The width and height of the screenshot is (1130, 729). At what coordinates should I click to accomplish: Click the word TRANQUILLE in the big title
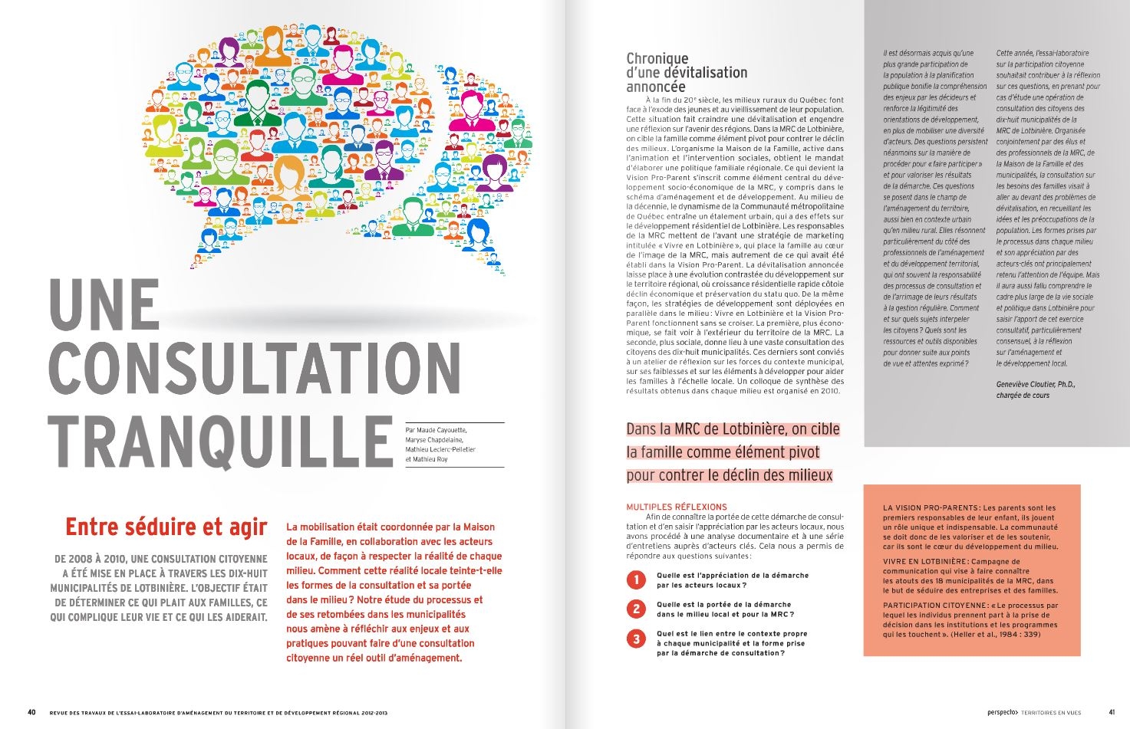[221, 444]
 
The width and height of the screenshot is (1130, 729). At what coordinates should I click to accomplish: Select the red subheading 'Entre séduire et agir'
[166, 527]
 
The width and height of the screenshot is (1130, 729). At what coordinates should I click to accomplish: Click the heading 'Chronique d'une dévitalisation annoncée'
[687, 73]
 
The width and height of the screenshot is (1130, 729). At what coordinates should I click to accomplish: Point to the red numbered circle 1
[636, 580]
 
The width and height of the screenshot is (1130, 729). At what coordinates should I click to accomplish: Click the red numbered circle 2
[636, 609]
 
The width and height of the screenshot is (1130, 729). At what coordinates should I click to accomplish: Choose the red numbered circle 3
[636, 639]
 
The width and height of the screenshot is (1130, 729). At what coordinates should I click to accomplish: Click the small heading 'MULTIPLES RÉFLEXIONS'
[677, 507]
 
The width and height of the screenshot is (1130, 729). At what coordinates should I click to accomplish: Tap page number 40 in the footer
[31, 711]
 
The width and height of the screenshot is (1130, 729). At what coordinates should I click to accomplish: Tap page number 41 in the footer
[1112, 712]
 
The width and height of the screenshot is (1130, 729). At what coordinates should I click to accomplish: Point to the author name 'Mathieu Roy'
[430, 459]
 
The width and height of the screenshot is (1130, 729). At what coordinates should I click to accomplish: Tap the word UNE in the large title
[104, 306]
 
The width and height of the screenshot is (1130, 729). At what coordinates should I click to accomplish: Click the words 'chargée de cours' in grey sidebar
[1023, 396]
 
